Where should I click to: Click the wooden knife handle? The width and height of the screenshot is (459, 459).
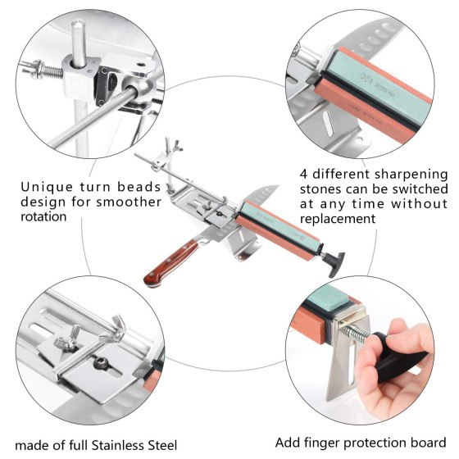pyautogui.click(x=171, y=263)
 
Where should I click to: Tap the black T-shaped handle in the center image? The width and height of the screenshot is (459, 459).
pyautogui.click(x=334, y=262)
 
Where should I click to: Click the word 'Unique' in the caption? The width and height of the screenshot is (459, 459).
pyautogui.click(x=47, y=188)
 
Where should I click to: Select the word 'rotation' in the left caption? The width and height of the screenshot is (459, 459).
pyautogui.click(x=43, y=217)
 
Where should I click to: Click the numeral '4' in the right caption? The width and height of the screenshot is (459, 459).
pyautogui.click(x=304, y=174)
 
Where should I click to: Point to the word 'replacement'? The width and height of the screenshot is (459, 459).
pyautogui.click(x=338, y=219)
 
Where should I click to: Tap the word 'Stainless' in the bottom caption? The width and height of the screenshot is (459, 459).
pyautogui.click(x=117, y=445)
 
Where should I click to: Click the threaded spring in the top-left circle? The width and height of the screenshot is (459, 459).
pyautogui.click(x=52, y=70)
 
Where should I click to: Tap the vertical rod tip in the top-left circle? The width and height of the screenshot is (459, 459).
pyautogui.click(x=78, y=24)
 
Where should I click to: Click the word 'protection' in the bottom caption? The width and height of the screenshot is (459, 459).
pyautogui.click(x=379, y=443)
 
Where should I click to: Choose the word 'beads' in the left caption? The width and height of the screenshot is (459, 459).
pyautogui.click(x=139, y=187)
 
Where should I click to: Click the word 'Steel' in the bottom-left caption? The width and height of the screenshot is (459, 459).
pyautogui.click(x=162, y=445)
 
